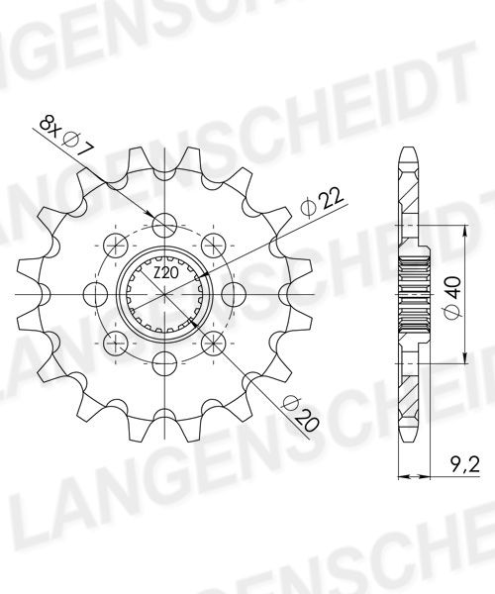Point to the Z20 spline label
[x=166, y=272]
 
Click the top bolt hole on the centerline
[x=164, y=225]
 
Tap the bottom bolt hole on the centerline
[x=164, y=362]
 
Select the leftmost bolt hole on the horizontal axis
[x=95, y=294]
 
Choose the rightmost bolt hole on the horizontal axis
[x=234, y=294]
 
